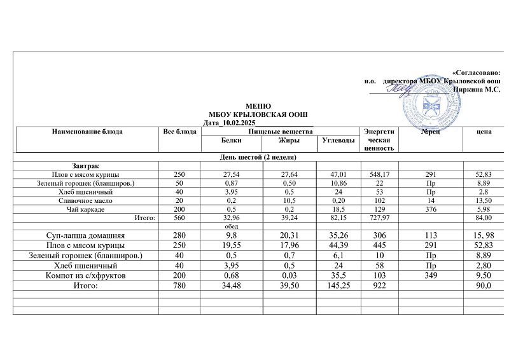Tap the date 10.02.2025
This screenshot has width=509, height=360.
[x=239, y=121]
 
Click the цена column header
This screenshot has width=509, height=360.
[x=484, y=132]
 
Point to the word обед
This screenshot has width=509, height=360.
[x=230, y=226]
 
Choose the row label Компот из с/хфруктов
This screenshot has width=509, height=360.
[x=85, y=277]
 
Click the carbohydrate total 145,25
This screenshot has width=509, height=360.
[x=338, y=287]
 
